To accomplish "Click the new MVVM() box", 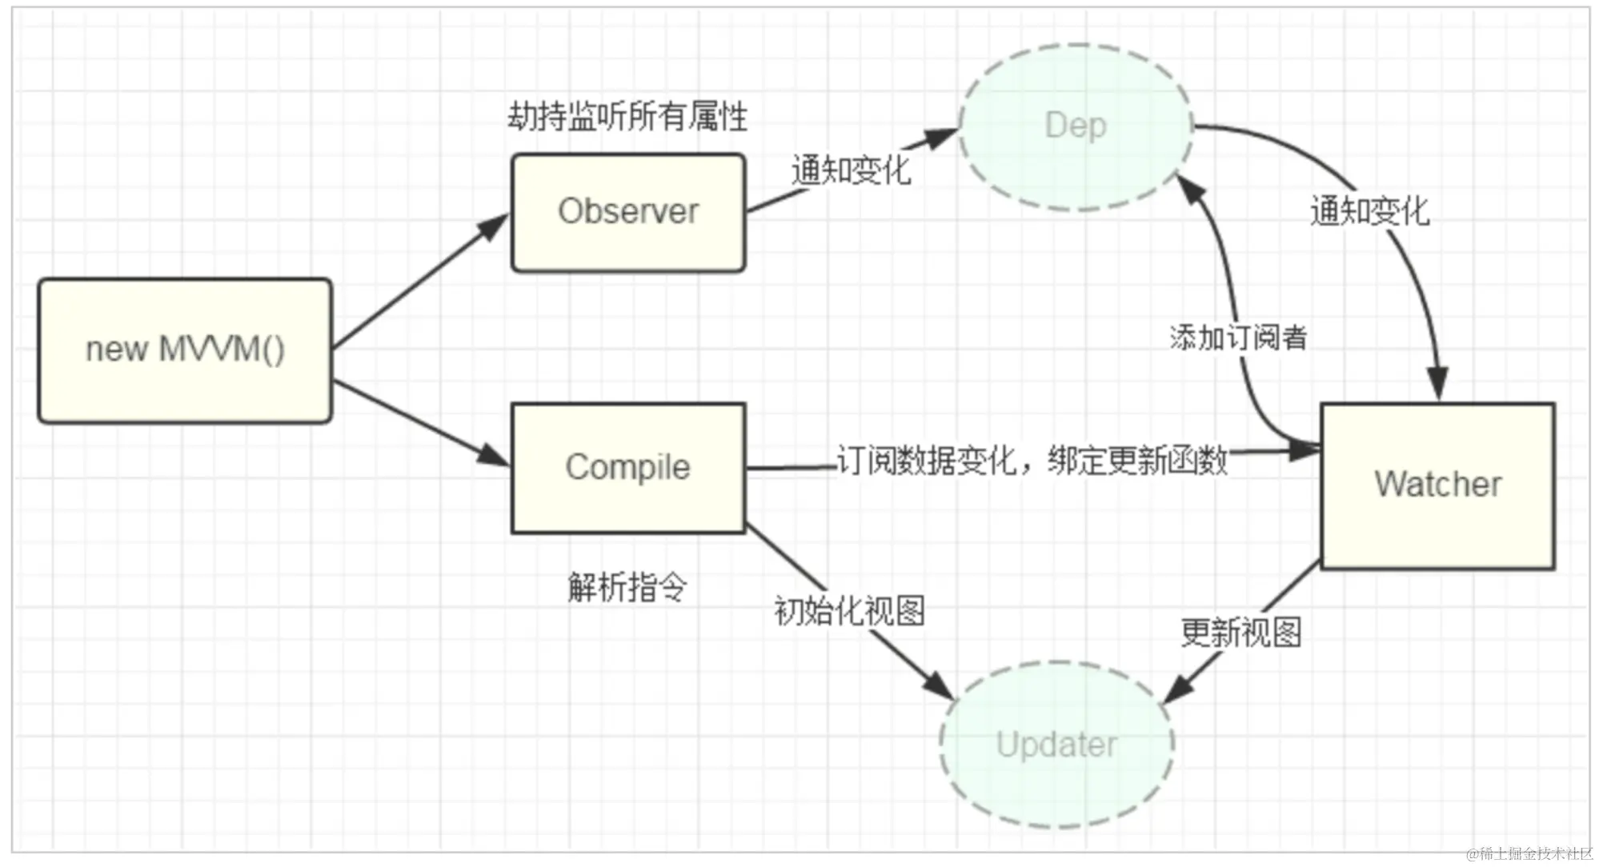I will (x=185, y=350).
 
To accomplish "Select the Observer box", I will (x=628, y=213).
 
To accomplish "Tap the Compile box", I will (x=628, y=468).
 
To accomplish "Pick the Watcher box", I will (x=1437, y=485).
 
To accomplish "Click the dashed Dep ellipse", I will (x=1076, y=126).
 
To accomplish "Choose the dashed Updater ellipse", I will (x=1056, y=745).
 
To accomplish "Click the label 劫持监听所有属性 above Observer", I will (x=627, y=117).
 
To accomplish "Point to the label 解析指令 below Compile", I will (x=627, y=587).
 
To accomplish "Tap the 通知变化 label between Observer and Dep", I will (x=851, y=170).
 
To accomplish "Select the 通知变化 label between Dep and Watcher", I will (x=1369, y=212).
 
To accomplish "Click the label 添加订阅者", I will (x=1238, y=338).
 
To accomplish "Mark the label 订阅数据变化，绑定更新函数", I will (x=1032, y=461).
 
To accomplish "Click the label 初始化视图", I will (x=849, y=611).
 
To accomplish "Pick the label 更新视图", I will (x=1241, y=633).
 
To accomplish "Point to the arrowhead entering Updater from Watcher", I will (x=1176, y=690).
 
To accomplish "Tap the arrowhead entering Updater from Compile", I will (x=938, y=685).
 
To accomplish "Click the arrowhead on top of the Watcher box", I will (x=1438, y=384).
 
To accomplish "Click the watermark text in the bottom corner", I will (x=1529, y=854).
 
